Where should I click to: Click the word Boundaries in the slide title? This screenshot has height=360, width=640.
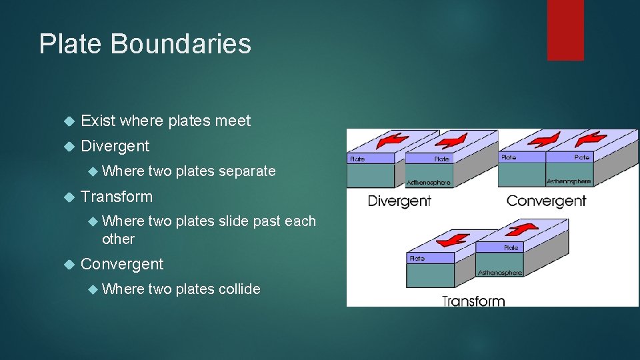(x=181, y=44)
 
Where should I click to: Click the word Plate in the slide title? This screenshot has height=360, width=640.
(x=70, y=44)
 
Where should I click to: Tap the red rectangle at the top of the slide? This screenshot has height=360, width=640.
(x=565, y=29)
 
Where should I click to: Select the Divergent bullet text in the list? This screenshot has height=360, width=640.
(x=115, y=145)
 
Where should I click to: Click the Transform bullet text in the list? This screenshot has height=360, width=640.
(x=116, y=197)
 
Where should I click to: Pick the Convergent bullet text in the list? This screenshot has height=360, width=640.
(x=121, y=264)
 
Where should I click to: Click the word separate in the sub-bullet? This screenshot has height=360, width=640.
(x=247, y=171)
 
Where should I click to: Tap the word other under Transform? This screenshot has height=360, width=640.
(x=118, y=239)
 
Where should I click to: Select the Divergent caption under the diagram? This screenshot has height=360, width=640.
(x=399, y=201)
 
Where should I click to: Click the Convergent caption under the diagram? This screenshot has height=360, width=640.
(x=546, y=201)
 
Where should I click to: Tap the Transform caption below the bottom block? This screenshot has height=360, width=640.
(x=473, y=301)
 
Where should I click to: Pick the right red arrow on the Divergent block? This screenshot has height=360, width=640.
(x=455, y=141)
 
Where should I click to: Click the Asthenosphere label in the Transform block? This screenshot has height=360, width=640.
(x=500, y=272)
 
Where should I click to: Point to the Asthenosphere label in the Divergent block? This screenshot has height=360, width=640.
(x=428, y=182)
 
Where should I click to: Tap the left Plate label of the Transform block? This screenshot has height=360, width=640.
(x=417, y=258)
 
